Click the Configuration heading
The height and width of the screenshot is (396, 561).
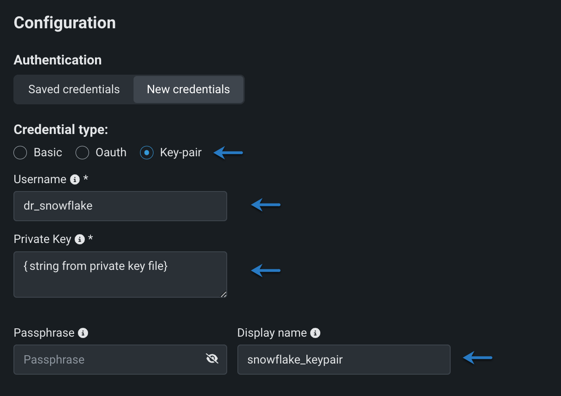[64, 23]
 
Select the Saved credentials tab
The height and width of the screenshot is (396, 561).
[74, 89]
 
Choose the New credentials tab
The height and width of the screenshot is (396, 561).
[188, 89]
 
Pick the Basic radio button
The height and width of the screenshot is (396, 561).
[20, 153]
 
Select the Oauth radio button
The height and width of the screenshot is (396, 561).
[83, 153]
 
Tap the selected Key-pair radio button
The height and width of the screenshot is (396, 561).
[147, 153]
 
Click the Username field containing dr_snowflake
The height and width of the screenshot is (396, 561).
[120, 206]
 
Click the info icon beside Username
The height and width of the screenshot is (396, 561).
[75, 179]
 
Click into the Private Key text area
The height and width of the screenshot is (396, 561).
[120, 274]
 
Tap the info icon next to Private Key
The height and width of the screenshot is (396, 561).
[80, 239]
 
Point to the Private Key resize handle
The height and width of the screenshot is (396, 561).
[223, 294]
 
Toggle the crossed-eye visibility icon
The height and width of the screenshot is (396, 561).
[212, 358]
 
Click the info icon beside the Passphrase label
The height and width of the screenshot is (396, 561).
[83, 333]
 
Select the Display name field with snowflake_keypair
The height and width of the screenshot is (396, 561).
[344, 359]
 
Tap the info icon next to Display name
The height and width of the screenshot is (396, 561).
[315, 333]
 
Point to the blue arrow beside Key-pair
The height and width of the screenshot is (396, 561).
[228, 153]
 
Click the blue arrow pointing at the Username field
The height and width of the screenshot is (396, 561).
[266, 205]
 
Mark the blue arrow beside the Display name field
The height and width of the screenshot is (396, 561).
[478, 358]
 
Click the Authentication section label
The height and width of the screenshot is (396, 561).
[57, 60]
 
